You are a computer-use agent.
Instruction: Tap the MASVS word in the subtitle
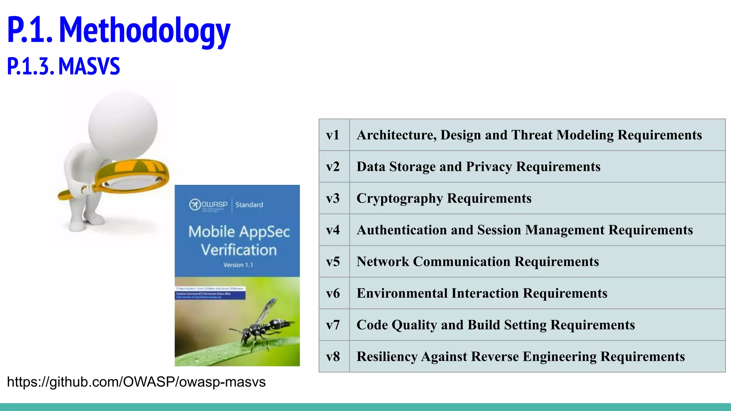tap(89, 66)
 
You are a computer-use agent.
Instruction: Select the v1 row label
tap(333, 135)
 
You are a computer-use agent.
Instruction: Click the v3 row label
tap(333, 198)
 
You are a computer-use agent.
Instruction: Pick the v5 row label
tap(333, 262)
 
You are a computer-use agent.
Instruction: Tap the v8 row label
tap(333, 356)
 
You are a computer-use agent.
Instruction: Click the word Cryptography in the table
tap(400, 198)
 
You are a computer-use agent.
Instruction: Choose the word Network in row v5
tap(383, 262)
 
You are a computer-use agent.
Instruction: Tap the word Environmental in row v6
tap(402, 293)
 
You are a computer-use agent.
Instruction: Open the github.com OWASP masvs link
tap(136, 382)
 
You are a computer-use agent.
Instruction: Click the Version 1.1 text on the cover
tap(238, 265)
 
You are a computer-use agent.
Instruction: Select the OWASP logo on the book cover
tap(208, 205)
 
